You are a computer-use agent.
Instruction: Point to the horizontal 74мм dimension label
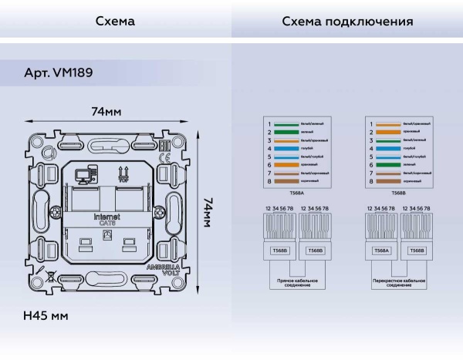106,113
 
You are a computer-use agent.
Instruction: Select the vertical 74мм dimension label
207,211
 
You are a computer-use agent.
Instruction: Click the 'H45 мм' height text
46,316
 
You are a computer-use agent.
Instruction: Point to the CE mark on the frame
165,160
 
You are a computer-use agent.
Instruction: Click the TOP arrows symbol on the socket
121,173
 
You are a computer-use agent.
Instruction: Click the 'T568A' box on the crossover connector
380,251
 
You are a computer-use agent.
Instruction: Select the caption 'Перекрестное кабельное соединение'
398,284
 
